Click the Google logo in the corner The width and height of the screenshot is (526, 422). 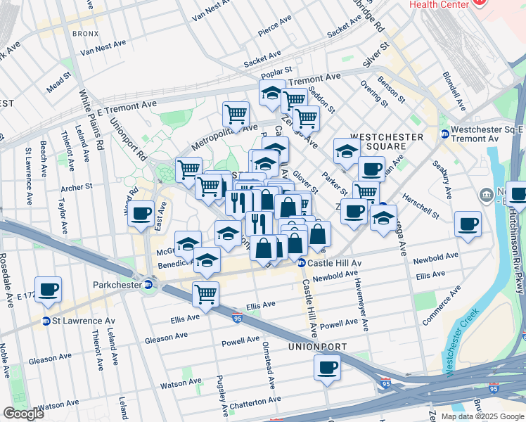(23, 414)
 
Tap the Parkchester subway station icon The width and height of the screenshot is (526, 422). (148, 285)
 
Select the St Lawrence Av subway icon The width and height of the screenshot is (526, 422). (46, 321)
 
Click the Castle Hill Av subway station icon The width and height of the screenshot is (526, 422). (301, 263)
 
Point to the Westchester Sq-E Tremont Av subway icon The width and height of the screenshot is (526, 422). (444, 134)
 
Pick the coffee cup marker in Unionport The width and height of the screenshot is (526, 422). (326, 366)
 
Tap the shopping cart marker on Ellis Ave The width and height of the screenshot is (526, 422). (205, 294)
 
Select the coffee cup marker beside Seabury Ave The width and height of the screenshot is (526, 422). (468, 224)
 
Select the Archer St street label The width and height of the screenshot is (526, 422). (77, 188)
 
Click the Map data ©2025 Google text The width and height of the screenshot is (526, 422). (482, 416)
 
